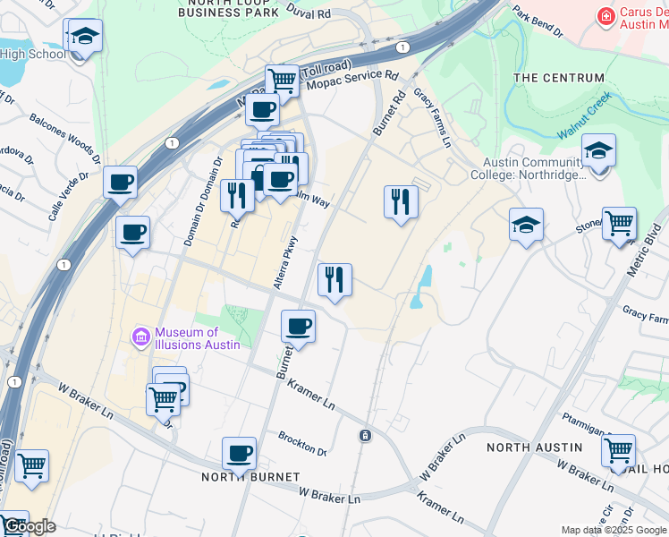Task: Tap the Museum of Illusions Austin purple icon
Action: tap(140, 337)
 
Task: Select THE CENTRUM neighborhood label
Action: tap(559, 78)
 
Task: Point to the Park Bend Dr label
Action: tap(538, 22)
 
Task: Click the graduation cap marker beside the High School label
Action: tap(86, 37)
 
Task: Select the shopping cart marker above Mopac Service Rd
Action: tap(283, 80)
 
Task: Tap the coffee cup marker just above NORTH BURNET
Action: tap(239, 453)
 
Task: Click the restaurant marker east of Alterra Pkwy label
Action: tap(334, 279)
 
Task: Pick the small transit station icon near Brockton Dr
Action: tap(365, 436)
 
